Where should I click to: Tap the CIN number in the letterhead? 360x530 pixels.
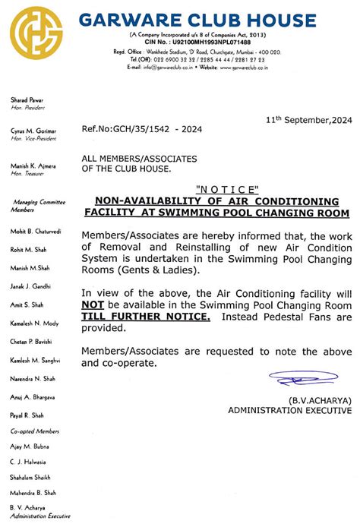(x=206, y=43)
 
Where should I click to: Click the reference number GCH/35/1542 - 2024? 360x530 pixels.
(x=141, y=129)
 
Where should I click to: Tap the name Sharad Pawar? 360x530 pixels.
(x=27, y=100)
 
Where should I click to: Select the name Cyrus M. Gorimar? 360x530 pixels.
(x=34, y=131)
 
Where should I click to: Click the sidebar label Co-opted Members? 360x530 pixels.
(x=35, y=431)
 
